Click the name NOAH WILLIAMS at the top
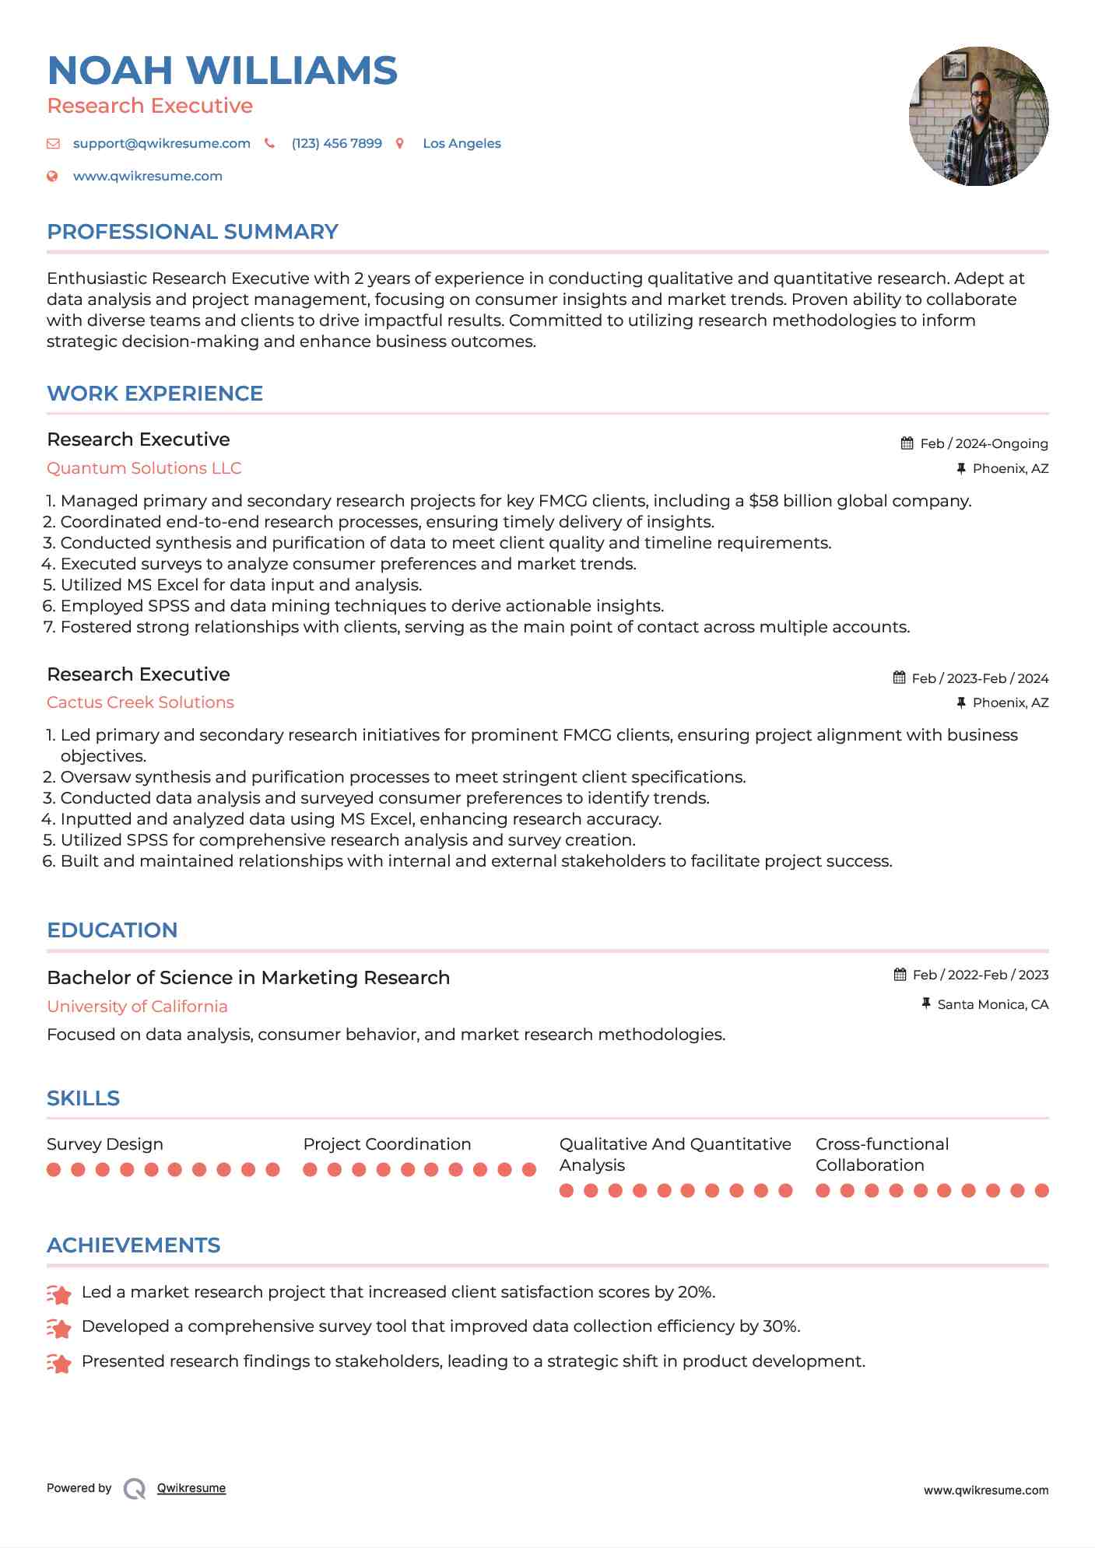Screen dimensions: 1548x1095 pos(222,70)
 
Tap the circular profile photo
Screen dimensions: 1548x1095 pos(978,117)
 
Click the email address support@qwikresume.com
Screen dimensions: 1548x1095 pos(161,143)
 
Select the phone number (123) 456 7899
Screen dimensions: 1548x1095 pos(336,143)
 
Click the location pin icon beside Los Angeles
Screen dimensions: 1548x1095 pos(400,143)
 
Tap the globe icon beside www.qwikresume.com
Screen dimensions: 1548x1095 pos(52,176)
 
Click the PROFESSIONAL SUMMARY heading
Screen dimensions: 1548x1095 pos(192,232)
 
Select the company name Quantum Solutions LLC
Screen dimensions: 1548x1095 pos(144,468)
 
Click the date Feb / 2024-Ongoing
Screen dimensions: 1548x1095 pos(984,443)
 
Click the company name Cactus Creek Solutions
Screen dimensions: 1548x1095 pos(140,702)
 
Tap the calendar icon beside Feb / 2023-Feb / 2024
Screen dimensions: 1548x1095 pos(899,678)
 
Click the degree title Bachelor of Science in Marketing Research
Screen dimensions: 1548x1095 pos(248,978)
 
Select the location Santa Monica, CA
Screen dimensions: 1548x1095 pos(992,1004)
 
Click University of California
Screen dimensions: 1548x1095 pos(137,1007)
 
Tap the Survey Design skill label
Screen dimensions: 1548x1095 pos(105,1144)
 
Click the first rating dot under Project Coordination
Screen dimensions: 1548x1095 pos(310,1169)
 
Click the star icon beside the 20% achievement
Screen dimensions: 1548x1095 pos(59,1294)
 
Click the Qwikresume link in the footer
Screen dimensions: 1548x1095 pos(191,1488)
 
